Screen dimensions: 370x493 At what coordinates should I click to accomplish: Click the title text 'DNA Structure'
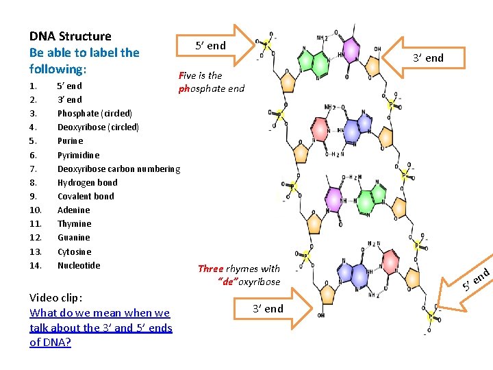(x=71, y=36)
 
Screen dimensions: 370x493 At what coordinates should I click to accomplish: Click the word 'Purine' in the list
(x=70, y=141)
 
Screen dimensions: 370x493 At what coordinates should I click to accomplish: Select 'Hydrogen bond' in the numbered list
(x=87, y=182)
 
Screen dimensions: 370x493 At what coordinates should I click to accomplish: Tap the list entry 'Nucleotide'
(x=79, y=265)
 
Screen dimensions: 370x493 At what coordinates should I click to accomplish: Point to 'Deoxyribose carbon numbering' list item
(x=118, y=169)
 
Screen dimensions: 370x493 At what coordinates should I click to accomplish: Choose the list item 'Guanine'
(x=73, y=238)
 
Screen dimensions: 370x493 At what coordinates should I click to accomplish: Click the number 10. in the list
(x=36, y=210)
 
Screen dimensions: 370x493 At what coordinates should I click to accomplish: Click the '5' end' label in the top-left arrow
(x=210, y=46)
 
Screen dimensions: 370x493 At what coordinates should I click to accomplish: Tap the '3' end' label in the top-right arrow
(x=428, y=58)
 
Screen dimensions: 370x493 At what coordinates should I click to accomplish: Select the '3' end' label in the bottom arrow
(x=267, y=308)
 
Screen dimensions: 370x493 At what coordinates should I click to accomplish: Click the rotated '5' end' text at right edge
(x=475, y=279)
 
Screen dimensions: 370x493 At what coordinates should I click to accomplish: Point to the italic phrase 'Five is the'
(x=200, y=76)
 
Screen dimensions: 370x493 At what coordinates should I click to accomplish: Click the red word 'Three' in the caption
(x=210, y=269)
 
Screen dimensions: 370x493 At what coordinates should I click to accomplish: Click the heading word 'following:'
(x=58, y=69)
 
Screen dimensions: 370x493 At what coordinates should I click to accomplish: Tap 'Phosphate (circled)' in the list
(x=94, y=113)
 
